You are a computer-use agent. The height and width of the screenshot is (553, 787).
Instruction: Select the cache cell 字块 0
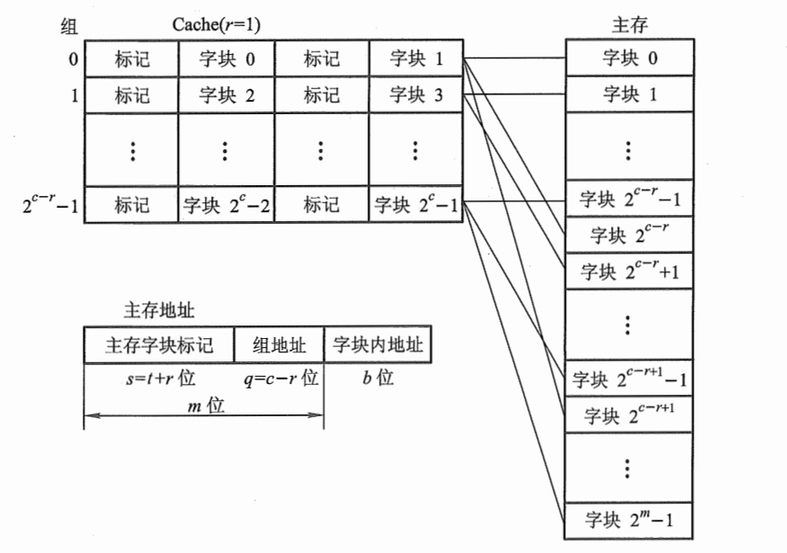[x=225, y=60]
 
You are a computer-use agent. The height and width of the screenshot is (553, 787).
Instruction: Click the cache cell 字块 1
[x=416, y=60]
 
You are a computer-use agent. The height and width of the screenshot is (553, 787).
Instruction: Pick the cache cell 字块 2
[x=225, y=94]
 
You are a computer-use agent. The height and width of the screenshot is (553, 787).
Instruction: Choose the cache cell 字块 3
[x=416, y=94]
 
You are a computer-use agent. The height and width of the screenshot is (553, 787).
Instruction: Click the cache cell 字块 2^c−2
[x=225, y=205]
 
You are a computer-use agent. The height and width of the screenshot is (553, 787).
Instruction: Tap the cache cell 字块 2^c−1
[x=416, y=205]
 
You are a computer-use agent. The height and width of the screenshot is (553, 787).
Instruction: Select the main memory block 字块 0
[x=629, y=59]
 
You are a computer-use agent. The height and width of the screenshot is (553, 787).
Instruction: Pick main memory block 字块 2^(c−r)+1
[x=629, y=270]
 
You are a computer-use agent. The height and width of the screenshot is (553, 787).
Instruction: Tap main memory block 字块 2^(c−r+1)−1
[x=629, y=379]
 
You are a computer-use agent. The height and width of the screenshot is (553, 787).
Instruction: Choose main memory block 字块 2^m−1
[x=629, y=520]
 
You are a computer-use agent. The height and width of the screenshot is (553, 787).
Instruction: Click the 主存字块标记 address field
[x=158, y=344]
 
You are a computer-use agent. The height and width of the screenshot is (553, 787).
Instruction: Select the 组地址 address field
[x=279, y=344]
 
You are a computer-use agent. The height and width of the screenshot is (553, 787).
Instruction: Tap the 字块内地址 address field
[x=377, y=344]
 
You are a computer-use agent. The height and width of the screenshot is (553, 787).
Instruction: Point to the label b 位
[x=377, y=378]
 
